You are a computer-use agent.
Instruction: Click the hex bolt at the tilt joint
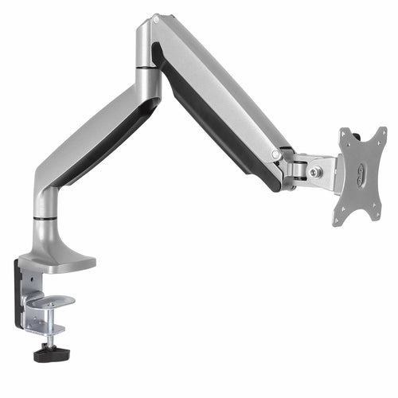[316, 172]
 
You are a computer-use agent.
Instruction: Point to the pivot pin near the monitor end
[276, 154]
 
